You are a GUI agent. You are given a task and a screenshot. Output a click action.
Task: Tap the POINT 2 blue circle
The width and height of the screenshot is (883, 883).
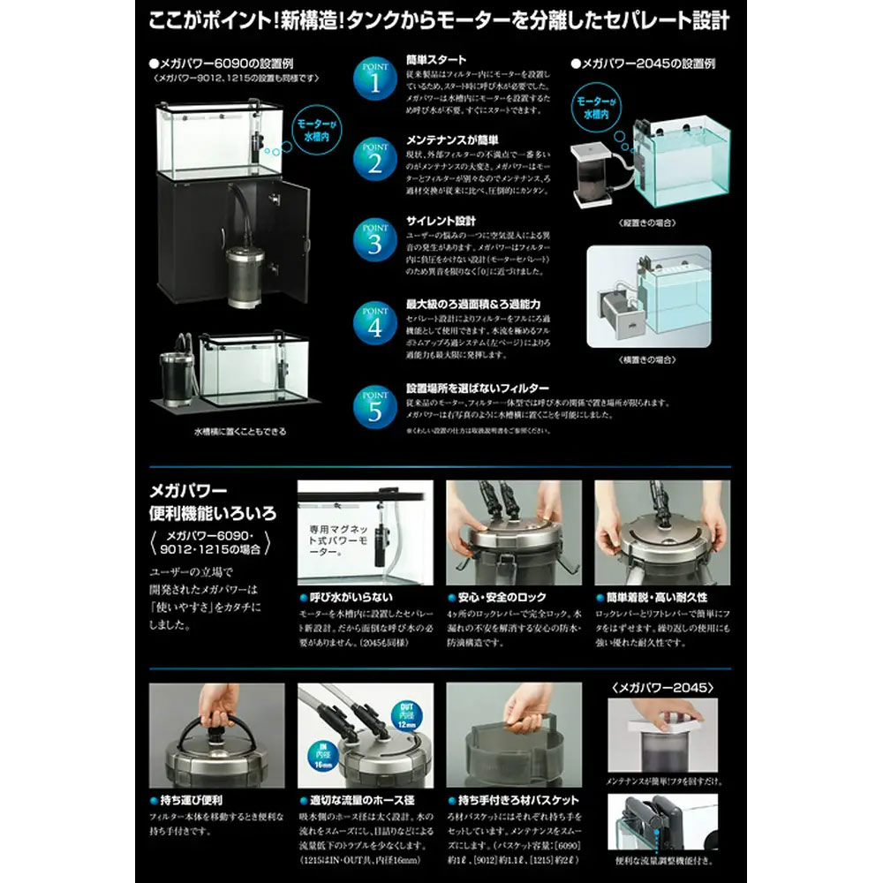(x=374, y=160)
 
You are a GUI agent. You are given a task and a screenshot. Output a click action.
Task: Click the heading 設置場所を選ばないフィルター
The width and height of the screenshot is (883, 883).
(x=477, y=388)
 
